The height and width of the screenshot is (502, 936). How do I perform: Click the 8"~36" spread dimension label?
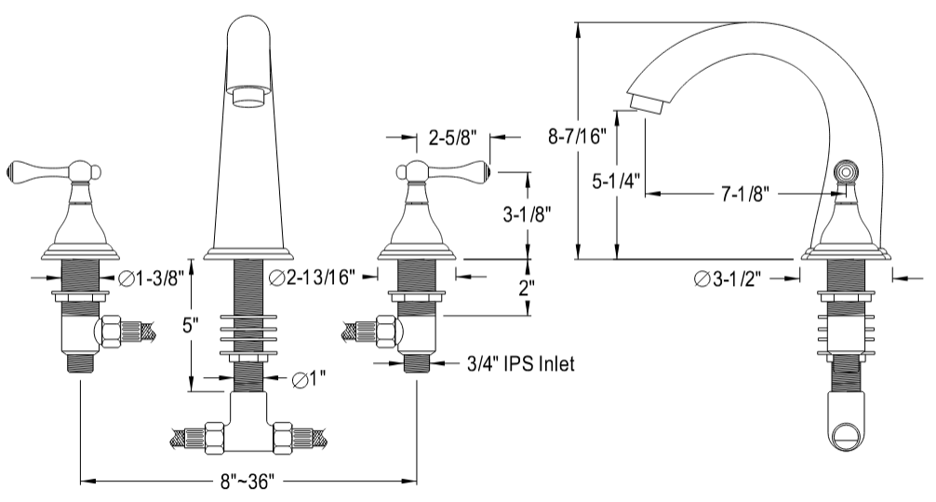(x=247, y=482)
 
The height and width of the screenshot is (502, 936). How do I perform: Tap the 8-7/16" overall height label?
(x=577, y=137)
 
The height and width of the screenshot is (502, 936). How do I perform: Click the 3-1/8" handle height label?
(x=527, y=214)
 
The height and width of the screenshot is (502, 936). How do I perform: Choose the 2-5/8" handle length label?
(x=453, y=138)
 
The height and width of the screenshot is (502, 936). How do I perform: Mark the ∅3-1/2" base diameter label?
(x=728, y=278)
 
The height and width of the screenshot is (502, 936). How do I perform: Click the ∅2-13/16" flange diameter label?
(x=313, y=277)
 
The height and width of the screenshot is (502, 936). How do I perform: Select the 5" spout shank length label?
(x=191, y=326)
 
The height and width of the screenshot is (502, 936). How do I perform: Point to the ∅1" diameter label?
(x=309, y=378)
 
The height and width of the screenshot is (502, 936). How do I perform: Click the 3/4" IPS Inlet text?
(x=520, y=362)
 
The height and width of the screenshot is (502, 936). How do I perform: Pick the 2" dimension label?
(x=526, y=289)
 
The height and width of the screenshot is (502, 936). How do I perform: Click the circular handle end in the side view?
(x=845, y=172)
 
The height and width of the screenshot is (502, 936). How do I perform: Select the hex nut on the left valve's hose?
(x=111, y=332)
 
